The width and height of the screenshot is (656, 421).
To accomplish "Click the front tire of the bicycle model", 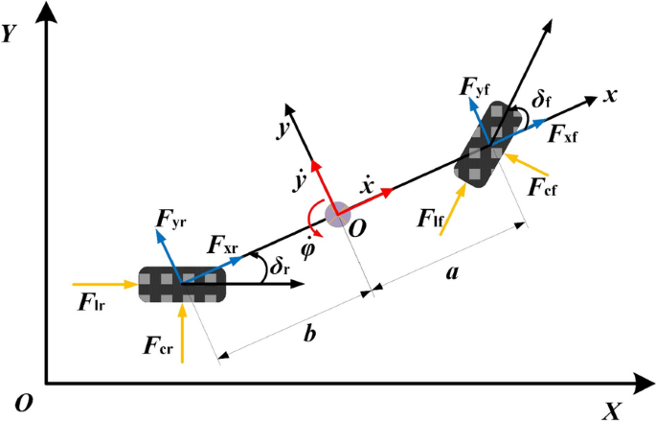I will click(489, 145).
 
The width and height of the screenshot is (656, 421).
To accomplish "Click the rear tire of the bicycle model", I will click(181, 284).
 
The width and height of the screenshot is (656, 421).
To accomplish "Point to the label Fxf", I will click(562, 134).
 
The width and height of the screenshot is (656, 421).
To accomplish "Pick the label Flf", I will click(429, 218).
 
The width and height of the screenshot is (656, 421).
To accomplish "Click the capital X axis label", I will click(612, 409).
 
